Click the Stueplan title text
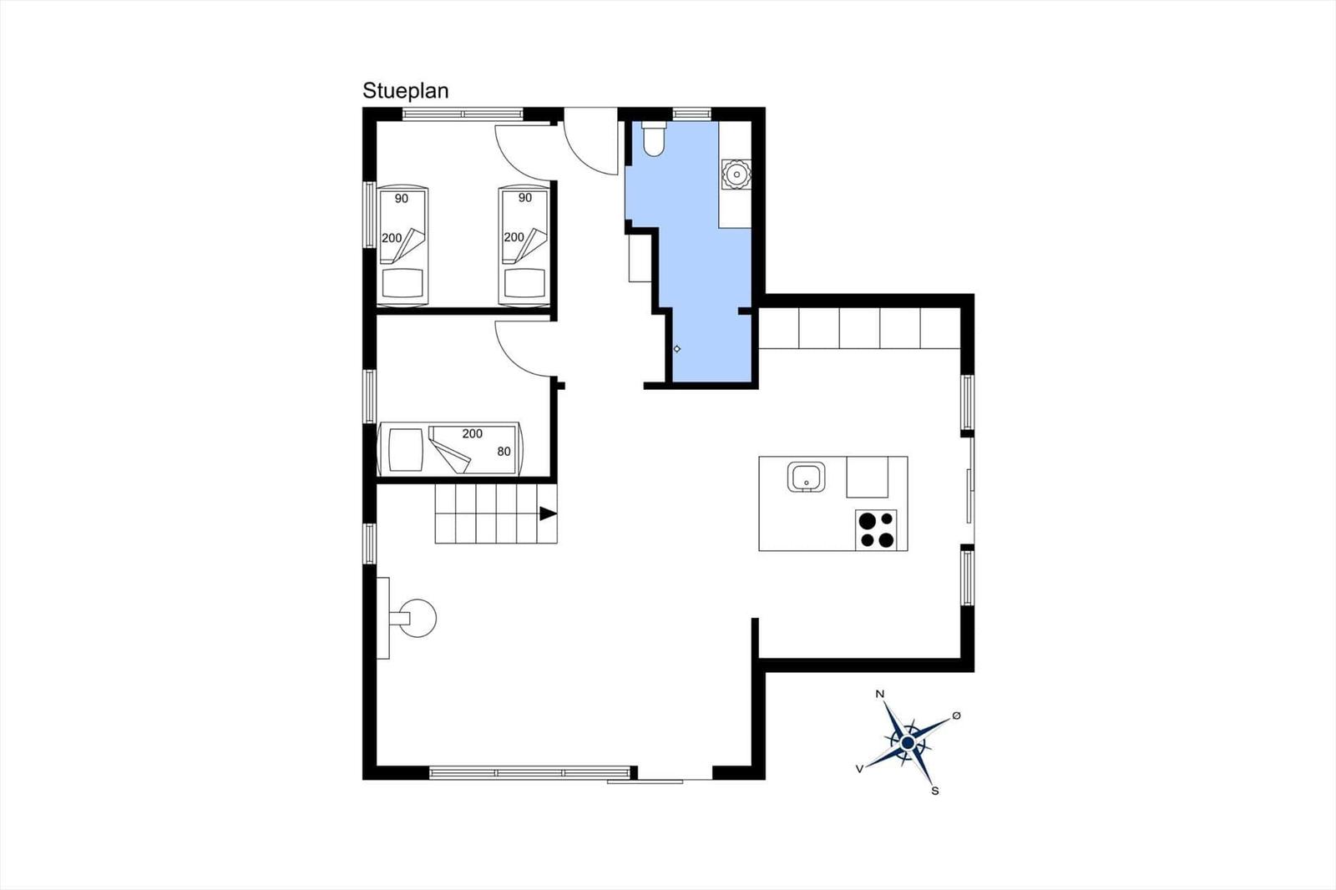coord(406,91)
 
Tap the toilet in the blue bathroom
coord(654,139)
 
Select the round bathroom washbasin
coord(736,174)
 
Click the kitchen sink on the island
coord(807,478)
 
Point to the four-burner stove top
coord(876,529)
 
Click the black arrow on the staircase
coord(548,513)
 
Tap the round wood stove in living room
coord(417,618)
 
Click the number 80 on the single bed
coord(504,452)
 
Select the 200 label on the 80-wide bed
coord(473,433)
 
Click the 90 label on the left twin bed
coord(402,198)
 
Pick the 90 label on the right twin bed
coord(525,197)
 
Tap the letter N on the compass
coord(880,694)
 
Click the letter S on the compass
coord(935,791)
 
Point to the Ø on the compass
coord(957,716)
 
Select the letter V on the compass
coord(859,769)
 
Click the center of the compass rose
coord(908,743)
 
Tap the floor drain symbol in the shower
coord(677,349)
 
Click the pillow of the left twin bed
coord(402,283)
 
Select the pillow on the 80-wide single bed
coord(406,450)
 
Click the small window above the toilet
coord(692,114)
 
